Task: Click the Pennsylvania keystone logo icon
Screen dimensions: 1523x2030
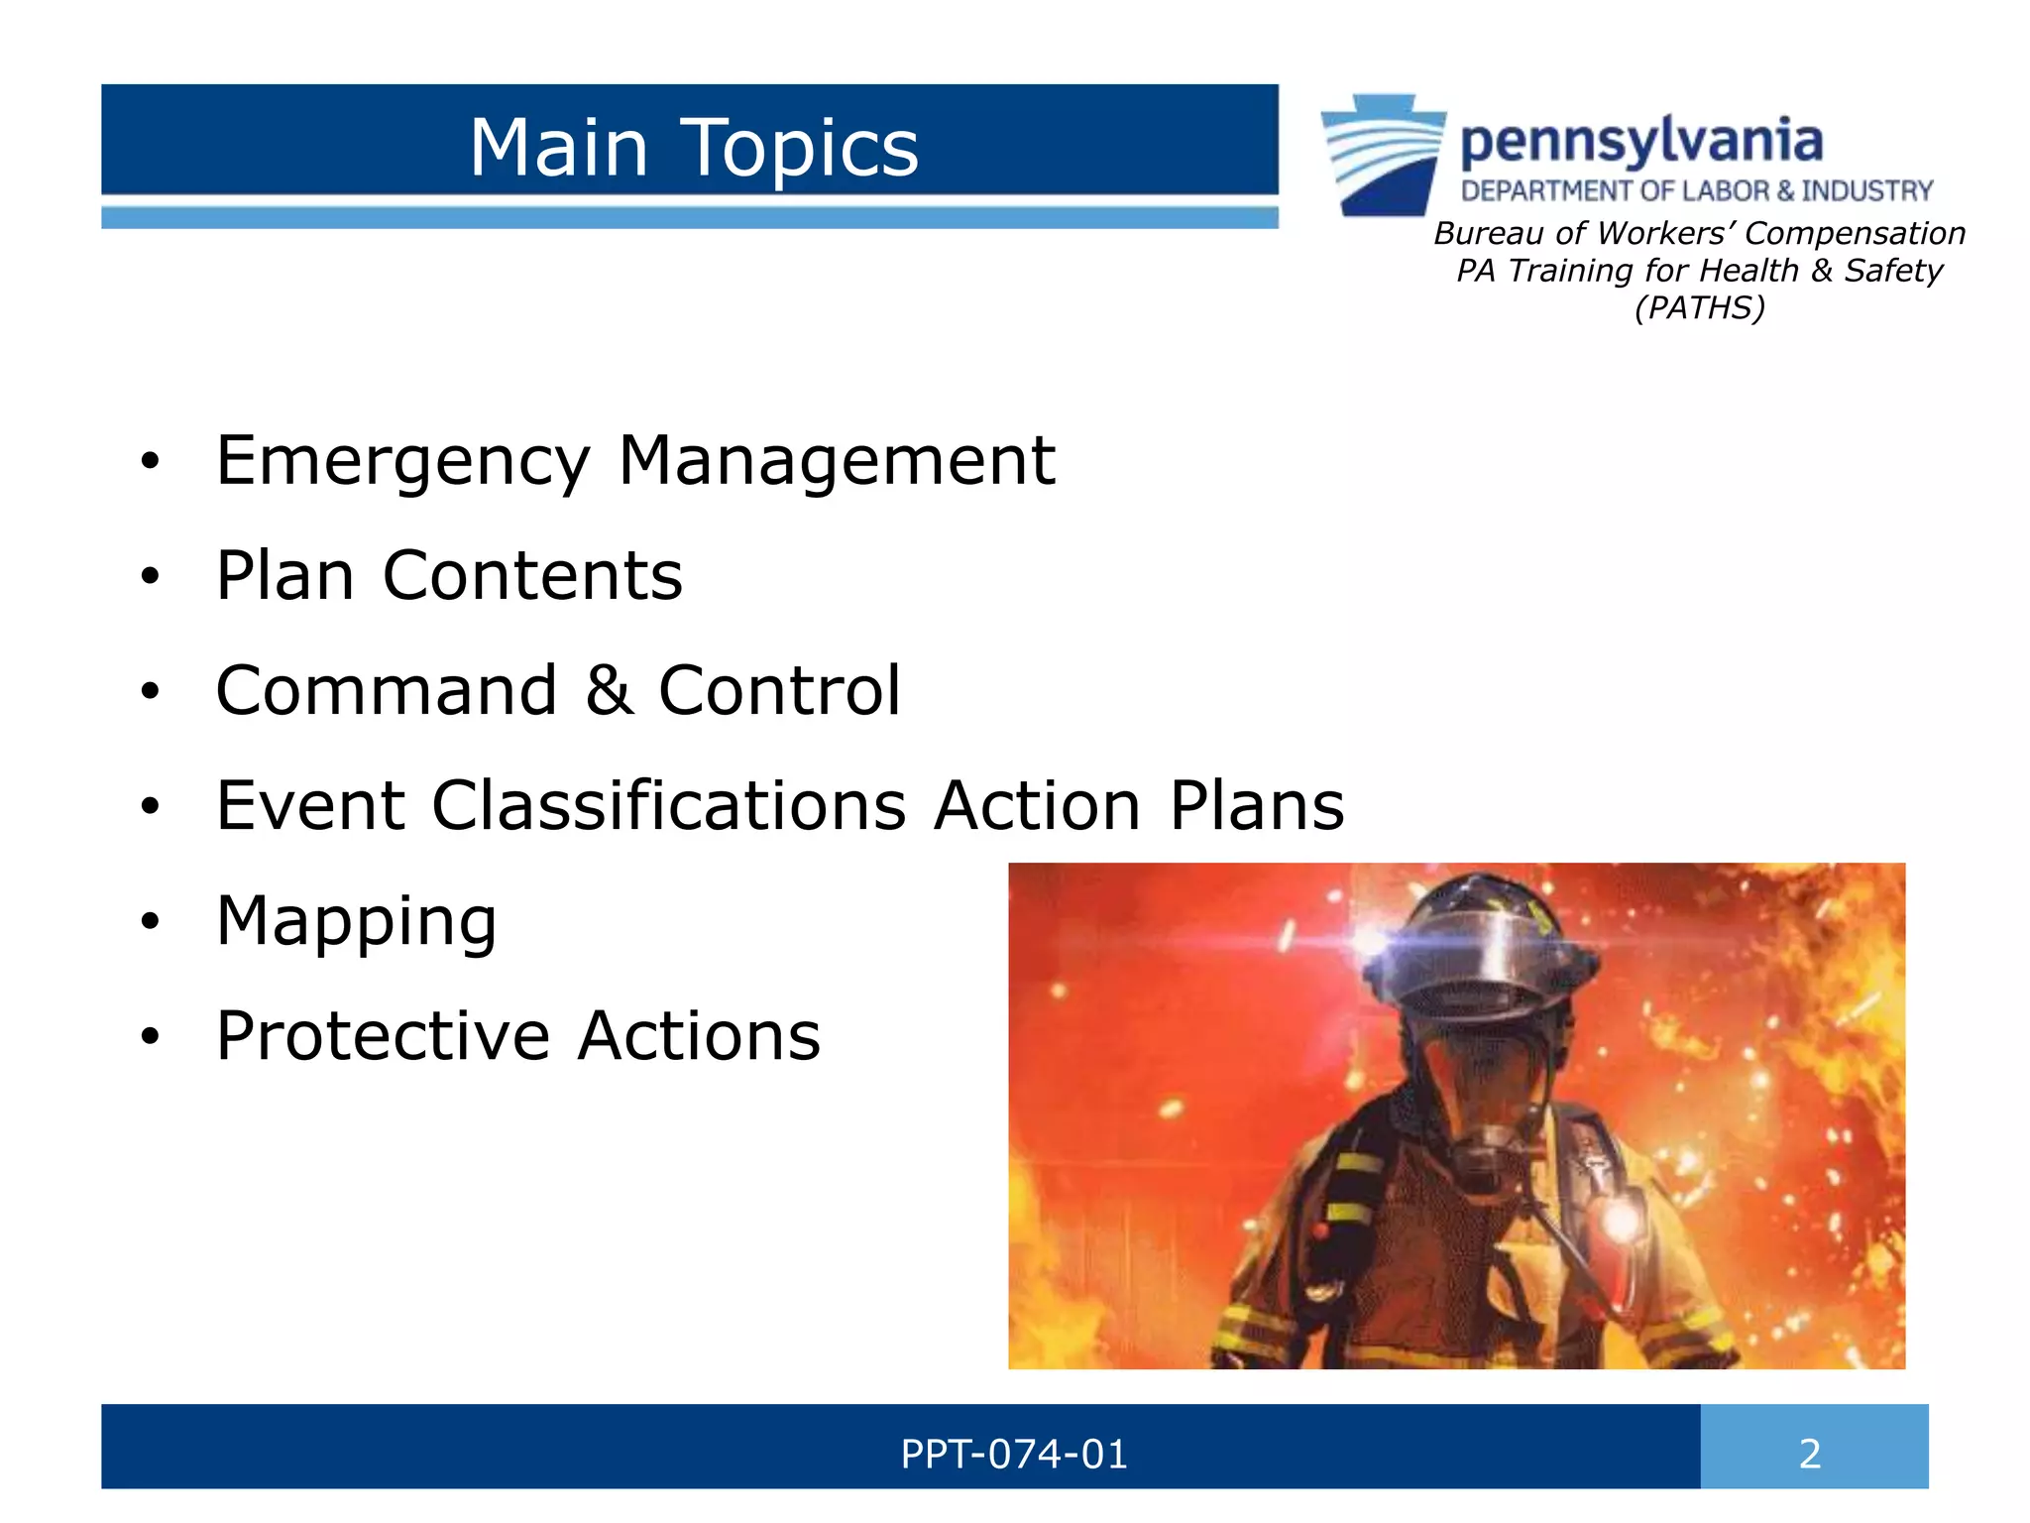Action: click(1384, 155)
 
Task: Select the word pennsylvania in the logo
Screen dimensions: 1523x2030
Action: click(1641, 141)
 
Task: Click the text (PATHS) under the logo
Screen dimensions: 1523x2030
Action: click(1699, 307)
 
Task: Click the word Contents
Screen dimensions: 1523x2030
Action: click(532, 576)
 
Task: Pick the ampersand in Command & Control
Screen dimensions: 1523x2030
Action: click(609, 691)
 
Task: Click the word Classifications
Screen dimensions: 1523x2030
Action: click(669, 805)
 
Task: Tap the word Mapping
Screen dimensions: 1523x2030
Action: click(356, 922)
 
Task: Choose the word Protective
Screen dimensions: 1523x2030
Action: click(383, 1036)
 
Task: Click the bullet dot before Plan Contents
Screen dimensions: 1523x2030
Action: click(150, 576)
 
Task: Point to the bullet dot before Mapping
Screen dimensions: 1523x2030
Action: click(150, 921)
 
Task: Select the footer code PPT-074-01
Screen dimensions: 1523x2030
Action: click(1013, 1454)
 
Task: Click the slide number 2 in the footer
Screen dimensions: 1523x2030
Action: click(1810, 1454)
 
